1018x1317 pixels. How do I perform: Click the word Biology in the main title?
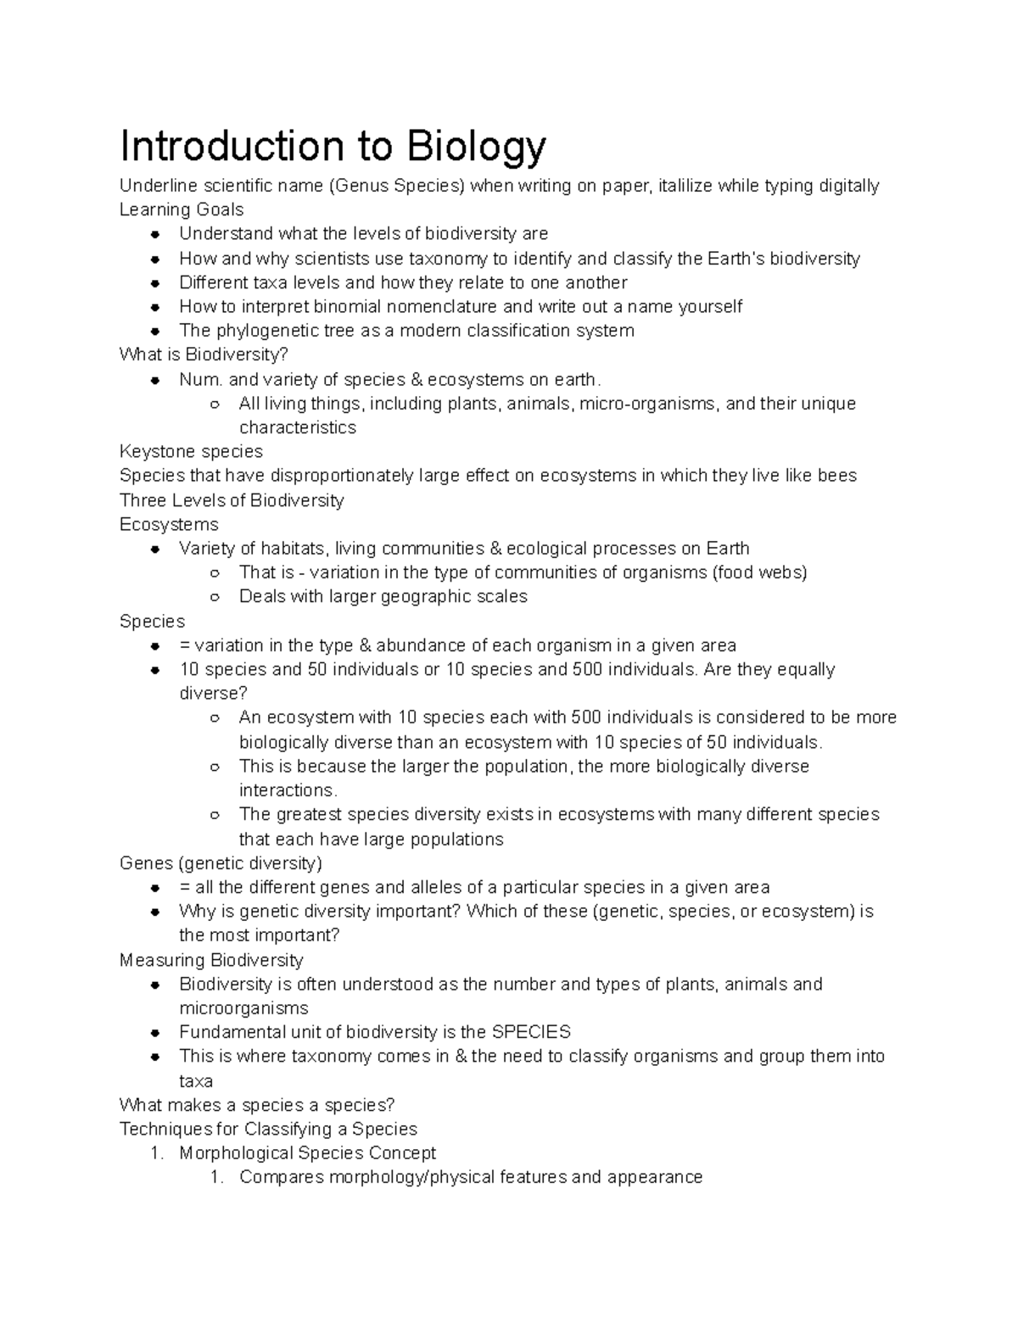point(477,147)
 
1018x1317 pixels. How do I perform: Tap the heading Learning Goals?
point(182,209)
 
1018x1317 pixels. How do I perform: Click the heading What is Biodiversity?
point(199,354)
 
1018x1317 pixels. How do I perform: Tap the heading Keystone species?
point(191,451)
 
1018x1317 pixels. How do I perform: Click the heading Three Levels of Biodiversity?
point(232,499)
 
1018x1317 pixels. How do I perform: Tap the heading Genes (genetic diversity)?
point(221,863)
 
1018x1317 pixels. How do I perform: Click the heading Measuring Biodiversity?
point(211,960)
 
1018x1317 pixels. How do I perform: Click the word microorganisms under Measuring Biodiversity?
point(243,1008)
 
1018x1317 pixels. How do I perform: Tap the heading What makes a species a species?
point(257,1105)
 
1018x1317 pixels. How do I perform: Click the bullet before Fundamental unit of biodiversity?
point(155,1033)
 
